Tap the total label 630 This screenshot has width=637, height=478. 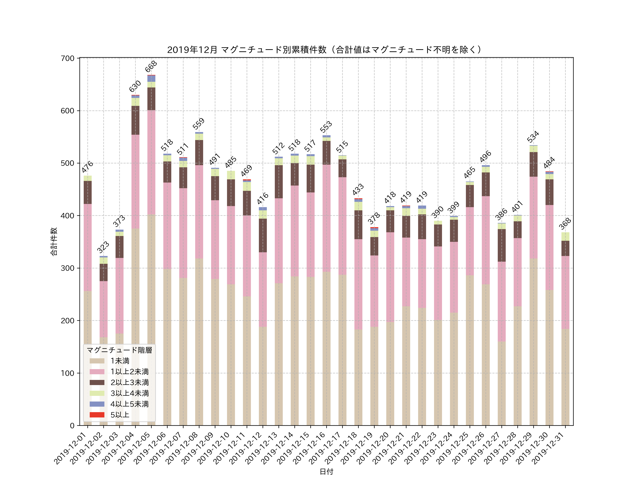click(x=135, y=86)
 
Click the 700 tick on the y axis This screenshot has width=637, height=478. click(x=68, y=58)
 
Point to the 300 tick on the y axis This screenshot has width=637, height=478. click(x=68, y=268)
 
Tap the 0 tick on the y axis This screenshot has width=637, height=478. click(x=72, y=426)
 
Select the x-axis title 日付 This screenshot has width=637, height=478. click(x=326, y=472)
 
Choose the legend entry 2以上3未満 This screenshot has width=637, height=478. click(x=130, y=382)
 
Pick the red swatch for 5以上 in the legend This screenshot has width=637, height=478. click(x=97, y=415)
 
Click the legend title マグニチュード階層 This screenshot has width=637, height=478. click(x=119, y=350)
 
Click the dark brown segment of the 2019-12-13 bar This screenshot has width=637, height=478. click(x=279, y=181)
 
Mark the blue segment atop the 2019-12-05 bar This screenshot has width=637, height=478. click(x=151, y=78)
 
